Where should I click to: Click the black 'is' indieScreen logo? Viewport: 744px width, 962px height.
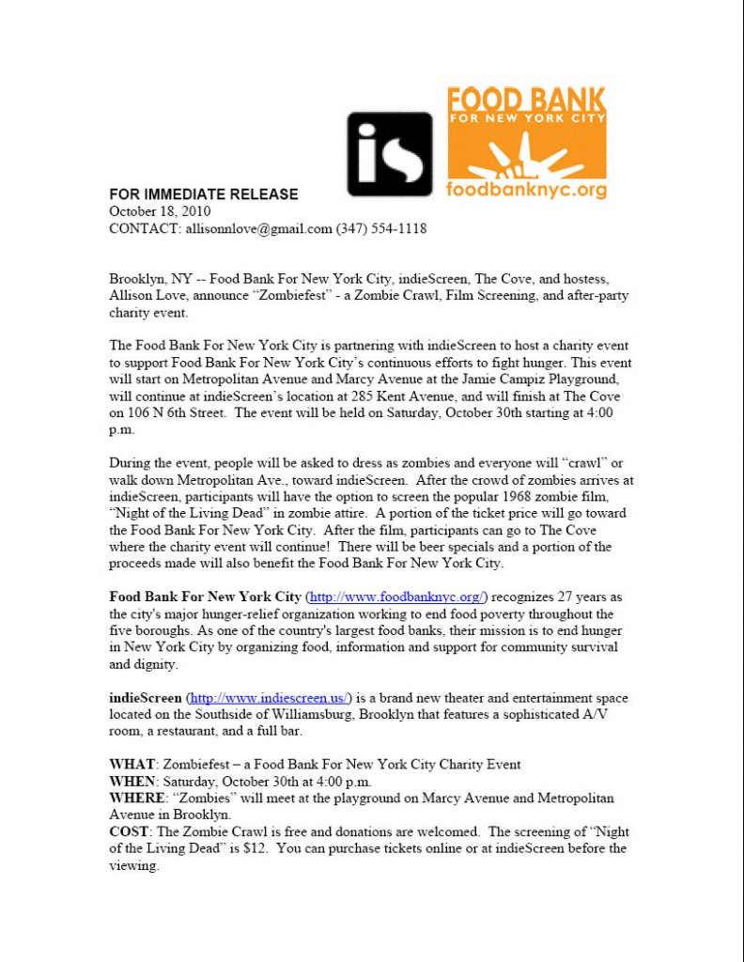[x=390, y=154]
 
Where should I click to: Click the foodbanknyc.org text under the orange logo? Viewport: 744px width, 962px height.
[x=526, y=190]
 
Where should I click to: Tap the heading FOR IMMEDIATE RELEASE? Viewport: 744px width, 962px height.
[x=204, y=194]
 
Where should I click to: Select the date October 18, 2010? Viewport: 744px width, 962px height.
[x=160, y=211]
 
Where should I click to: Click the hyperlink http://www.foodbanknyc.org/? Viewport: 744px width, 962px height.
[x=397, y=597]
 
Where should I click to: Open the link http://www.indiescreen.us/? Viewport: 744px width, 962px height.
[x=271, y=698]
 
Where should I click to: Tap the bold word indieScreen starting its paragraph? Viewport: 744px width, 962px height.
[x=146, y=698]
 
